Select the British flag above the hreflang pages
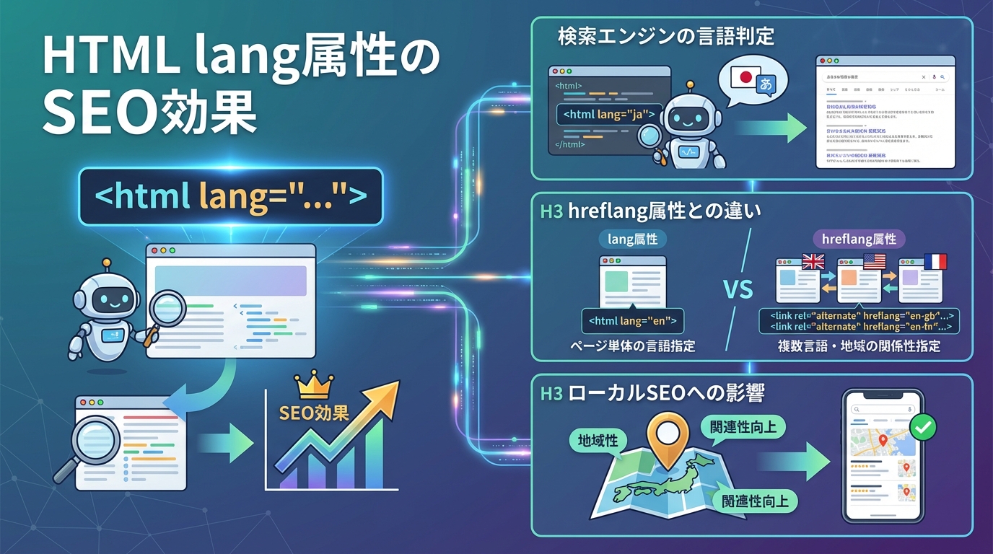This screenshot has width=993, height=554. coord(813,260)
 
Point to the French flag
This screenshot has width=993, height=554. coord(935,260)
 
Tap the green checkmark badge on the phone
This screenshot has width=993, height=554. coord(922,427)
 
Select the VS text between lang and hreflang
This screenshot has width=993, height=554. coord(738,291)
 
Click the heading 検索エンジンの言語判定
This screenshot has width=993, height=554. coord(666,37)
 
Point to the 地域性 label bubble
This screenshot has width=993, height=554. coord(598,439)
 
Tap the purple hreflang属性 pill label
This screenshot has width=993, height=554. coord(859,239)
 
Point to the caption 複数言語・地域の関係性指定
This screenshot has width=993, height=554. coord(859,346)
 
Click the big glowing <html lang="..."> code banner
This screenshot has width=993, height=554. coord(230,196)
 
